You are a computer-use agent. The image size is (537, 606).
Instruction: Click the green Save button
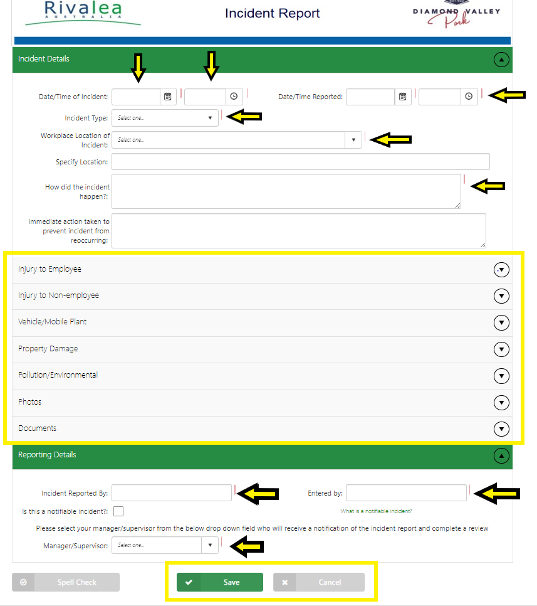click(219, 582)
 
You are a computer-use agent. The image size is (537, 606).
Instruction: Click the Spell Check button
click(66, 582)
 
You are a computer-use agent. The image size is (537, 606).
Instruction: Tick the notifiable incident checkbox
click(118, 511)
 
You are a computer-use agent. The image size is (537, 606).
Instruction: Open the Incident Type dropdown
click(165, 118)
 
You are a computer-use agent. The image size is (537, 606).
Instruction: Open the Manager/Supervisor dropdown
click(165, 545)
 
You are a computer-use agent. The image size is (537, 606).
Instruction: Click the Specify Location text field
click(300, 162)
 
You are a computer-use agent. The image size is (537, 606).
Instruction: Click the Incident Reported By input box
click(172, 493)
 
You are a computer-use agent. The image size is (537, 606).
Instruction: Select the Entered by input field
click(406, 493)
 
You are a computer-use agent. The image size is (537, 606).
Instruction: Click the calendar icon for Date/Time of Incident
click(168, 97)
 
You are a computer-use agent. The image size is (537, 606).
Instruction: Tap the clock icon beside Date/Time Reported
click(469, 97)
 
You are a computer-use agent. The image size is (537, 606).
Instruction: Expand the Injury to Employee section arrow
click(501, 269)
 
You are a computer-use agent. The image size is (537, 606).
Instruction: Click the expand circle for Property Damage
click(501, 349)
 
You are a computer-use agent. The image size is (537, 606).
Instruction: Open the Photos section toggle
click(501, 402)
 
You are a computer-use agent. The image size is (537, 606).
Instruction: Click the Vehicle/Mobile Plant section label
click(53, 322)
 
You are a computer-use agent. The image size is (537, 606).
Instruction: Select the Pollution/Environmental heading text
click(58, 375)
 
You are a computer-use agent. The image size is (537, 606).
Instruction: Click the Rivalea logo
click(83, 13)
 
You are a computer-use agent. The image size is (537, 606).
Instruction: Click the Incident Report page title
click(273, 13)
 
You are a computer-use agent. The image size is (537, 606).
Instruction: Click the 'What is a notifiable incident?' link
click(376, 511)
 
